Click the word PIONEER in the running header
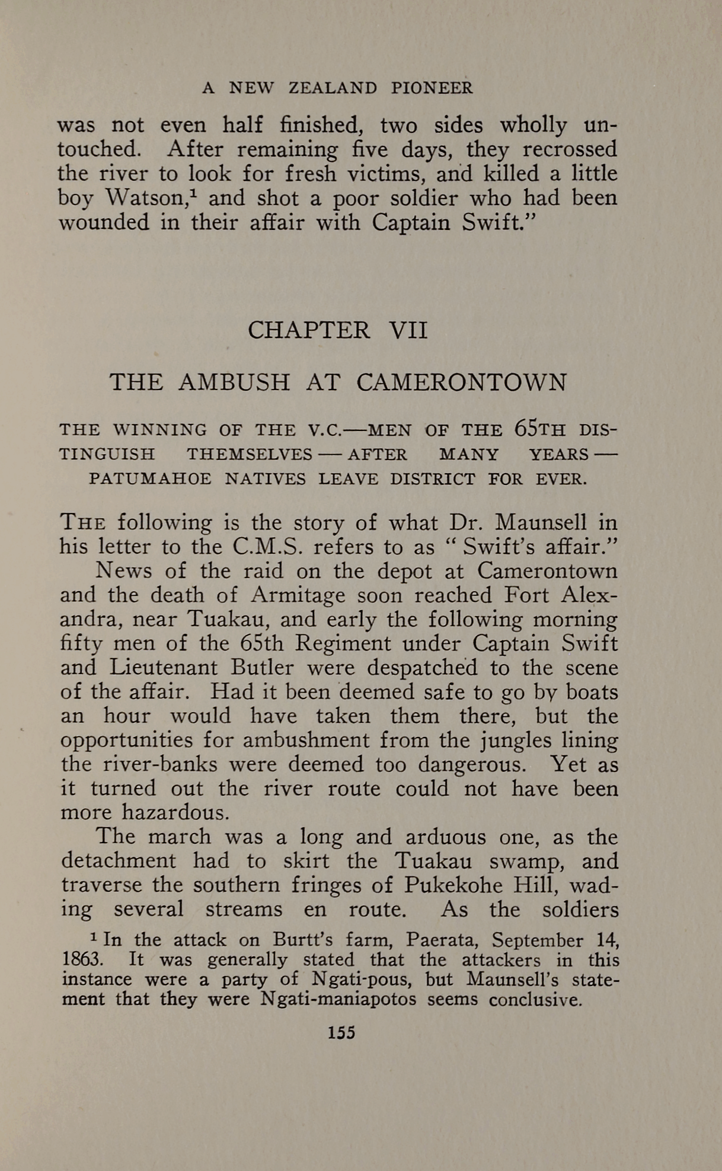pyautogui.click(x=432, y=88)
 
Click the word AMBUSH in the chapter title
pyautogui.click(x=234, y=382)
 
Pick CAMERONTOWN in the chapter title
pyautogui.click(x=461, y=382)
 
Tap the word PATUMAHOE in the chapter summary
pyautogui.click(x=149, y=479)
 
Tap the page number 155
pyautogui.click(x=341, y=1033)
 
